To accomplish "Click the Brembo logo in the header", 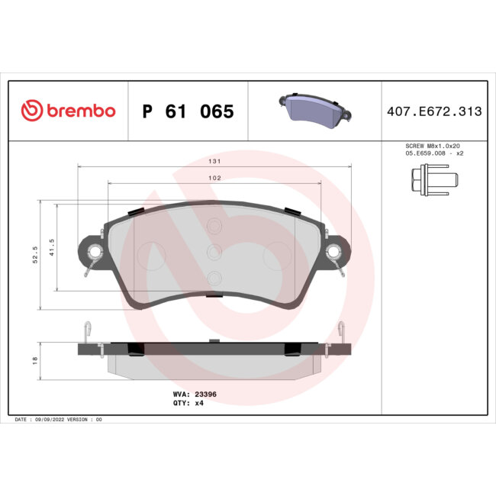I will [68, 111].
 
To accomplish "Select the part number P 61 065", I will [188, 112].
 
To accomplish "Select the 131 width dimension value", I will [214, 162].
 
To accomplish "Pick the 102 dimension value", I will [214, 179].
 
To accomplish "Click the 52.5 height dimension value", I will [34, 254].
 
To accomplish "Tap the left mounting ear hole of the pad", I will [95, 252].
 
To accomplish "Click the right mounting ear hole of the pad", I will [334, 252].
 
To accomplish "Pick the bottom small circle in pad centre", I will [214, 278].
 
